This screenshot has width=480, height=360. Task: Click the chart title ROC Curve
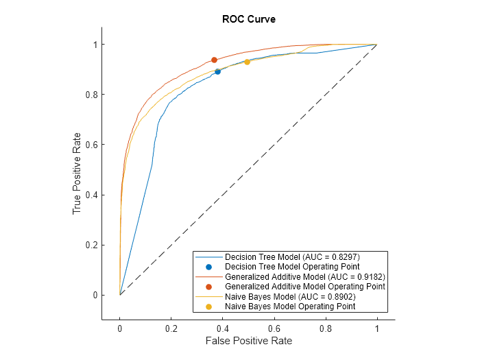(x=248, y=19)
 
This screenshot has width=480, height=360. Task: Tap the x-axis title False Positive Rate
(x=248, y=341)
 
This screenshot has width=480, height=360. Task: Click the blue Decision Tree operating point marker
(x=218, y=71)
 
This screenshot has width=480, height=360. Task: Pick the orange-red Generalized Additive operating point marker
(x=214, y=60)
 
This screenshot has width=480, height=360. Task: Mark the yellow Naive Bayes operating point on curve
(x=247, y=62)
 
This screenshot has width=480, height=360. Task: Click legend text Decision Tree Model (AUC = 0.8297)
(x=292, y=256)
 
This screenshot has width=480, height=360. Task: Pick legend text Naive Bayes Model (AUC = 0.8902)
(x=289, y=296)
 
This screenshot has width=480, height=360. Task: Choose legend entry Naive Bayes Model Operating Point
(x=289, y=307)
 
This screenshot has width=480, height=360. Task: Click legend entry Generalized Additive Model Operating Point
(x=304, y=286)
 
